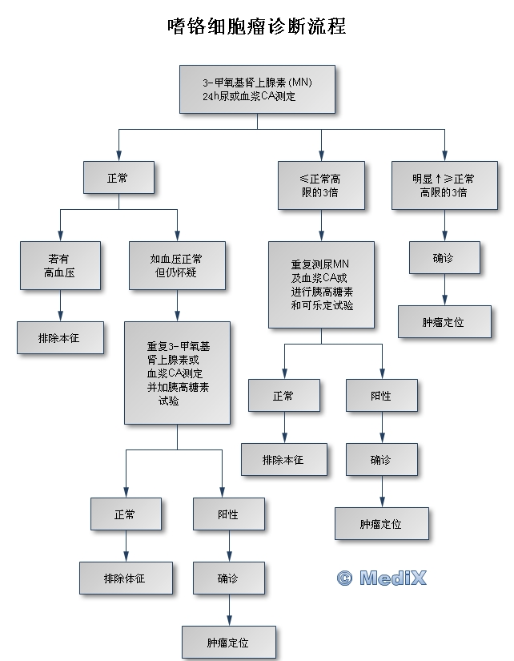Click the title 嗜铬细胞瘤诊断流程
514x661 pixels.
point(256,26)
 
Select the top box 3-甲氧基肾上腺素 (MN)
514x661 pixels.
point(256,90)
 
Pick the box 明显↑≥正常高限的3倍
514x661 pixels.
point(443,185)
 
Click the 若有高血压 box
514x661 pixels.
point(60,265)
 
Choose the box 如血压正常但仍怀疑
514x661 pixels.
point(176,265)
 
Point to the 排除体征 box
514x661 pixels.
point(125,577)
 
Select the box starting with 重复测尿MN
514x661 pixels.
point(321,284)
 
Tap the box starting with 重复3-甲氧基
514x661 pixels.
point(176,373)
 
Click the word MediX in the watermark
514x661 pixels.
point(393,578)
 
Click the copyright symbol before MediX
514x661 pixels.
point(344,578)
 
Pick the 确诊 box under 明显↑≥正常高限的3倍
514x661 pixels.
point(444,258)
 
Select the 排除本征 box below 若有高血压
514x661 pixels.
point(60,337)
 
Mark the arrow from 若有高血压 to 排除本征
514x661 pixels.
point(60,305)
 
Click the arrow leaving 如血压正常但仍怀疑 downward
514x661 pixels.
point(176,305)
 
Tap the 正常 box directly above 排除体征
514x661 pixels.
point(125,514)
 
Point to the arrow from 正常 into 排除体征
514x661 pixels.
point(125,546)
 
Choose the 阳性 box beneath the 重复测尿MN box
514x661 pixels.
point(382,395)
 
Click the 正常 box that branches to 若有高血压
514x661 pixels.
point(118,177)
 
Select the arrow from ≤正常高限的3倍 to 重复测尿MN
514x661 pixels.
point(321,225)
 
